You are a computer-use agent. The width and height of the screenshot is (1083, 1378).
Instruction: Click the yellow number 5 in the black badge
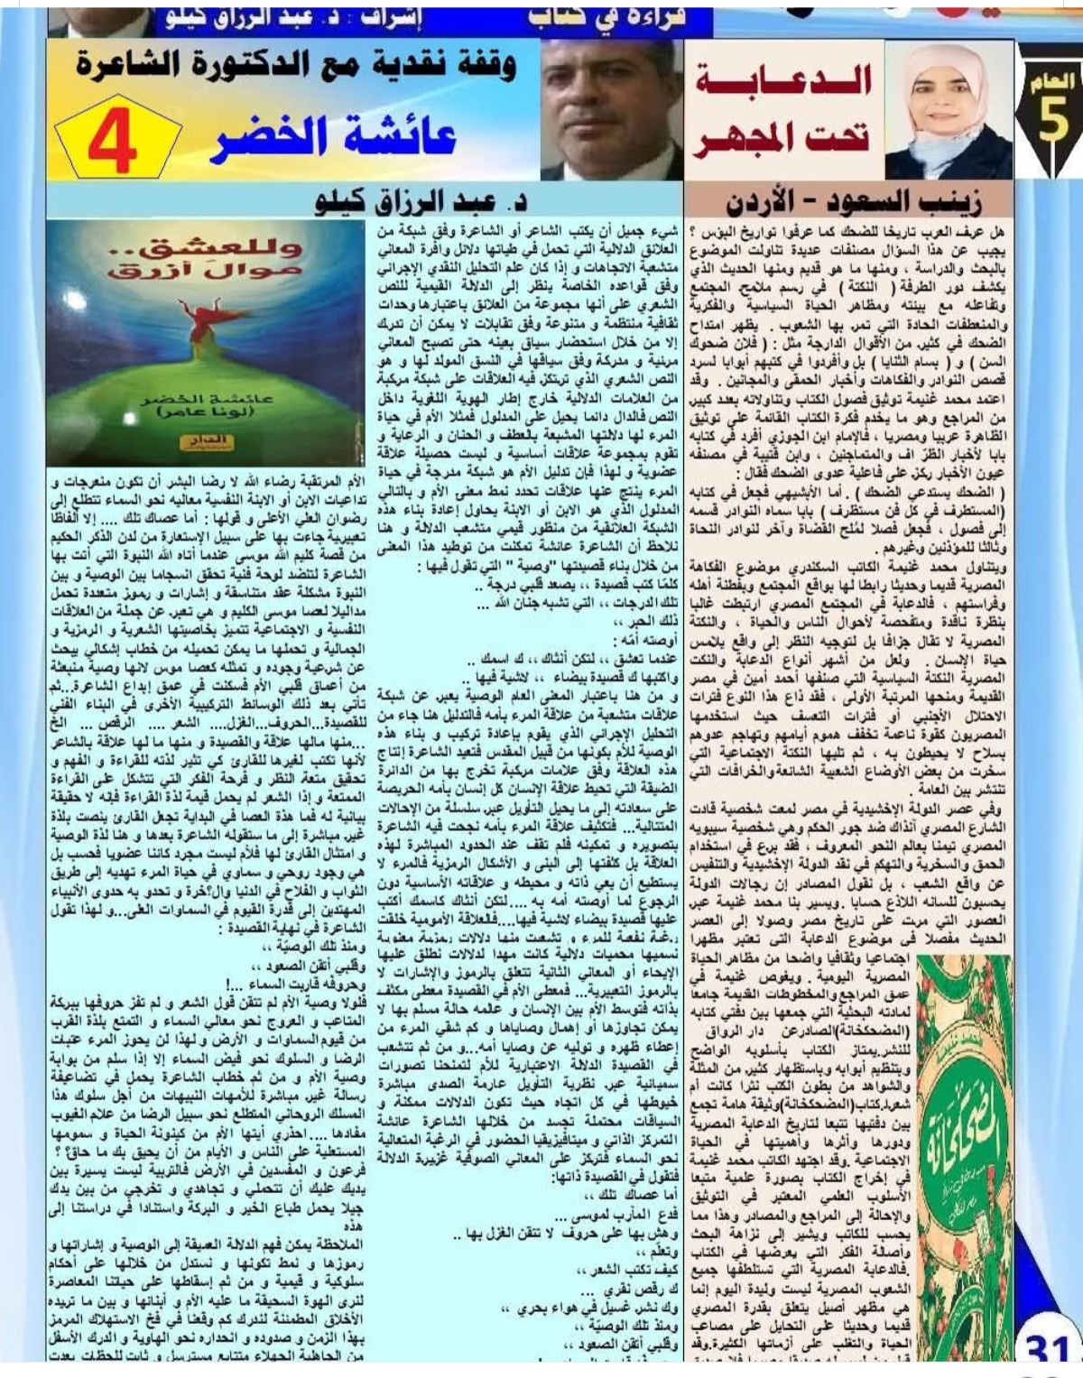[1053, 122]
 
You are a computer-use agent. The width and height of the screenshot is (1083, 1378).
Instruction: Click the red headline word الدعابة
[783, 80]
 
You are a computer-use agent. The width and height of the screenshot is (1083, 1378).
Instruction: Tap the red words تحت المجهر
[782, 138]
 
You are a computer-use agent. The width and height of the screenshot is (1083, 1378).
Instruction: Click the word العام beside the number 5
[1053, 82]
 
